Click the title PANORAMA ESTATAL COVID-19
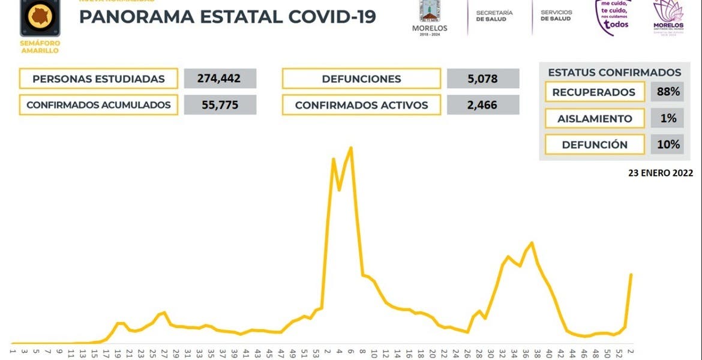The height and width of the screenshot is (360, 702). (227, 16)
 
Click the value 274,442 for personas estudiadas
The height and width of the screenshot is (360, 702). (220, 79)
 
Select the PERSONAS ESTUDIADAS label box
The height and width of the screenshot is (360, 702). (98, 79)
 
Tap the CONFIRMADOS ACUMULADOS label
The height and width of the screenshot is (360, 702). (98, 105)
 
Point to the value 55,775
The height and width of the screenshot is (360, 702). (220, 105)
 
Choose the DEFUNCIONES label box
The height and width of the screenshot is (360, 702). (361, 79)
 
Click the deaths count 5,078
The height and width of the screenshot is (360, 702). (483, 79)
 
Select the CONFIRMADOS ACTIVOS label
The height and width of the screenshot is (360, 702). (361, 105)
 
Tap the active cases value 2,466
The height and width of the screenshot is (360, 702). (483, 105)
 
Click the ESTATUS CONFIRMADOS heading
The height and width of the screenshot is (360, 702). (614, 73)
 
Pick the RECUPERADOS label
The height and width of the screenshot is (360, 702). (593, 92)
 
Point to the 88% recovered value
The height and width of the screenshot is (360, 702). (668, 92)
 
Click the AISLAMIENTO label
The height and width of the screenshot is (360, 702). (595, 118)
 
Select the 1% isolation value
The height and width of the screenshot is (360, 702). (668, 118)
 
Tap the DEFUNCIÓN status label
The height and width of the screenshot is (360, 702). (595, 145)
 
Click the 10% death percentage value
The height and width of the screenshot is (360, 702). (668, 145)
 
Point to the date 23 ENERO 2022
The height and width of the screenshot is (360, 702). (661, 173)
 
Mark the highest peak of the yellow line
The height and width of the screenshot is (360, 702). (351, 148)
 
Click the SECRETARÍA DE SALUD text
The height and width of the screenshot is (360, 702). (494, 16)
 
